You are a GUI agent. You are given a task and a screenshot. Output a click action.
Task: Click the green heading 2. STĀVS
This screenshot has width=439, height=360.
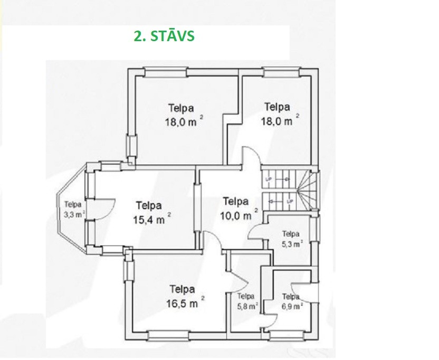pos(164,36)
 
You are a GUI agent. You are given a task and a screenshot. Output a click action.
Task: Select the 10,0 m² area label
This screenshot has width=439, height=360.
pos(239,215)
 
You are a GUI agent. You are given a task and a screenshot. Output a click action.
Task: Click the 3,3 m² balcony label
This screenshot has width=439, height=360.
pos(74,214)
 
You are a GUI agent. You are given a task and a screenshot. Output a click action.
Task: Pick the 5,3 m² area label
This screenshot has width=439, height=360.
pos(292,243)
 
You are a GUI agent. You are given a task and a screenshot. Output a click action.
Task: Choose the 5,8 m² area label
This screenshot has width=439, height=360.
pos(247,306)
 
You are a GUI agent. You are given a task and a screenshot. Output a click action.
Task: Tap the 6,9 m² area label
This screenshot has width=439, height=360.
pos(292,306)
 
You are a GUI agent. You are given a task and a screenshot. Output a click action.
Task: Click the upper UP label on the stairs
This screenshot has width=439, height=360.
pos(268,179)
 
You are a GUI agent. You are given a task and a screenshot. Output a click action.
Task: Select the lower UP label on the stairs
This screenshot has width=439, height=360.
pos(290,201)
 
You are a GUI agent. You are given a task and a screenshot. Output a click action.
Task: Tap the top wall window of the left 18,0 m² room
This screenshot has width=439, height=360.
pos(165,72)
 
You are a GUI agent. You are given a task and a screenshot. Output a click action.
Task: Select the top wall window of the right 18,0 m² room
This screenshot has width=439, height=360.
pos(281,72)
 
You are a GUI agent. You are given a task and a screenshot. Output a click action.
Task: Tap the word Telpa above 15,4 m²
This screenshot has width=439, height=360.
pos(149,206)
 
